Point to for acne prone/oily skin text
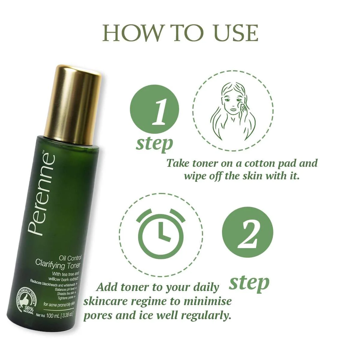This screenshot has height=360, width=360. pyautogui.click(x=58, y=304)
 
